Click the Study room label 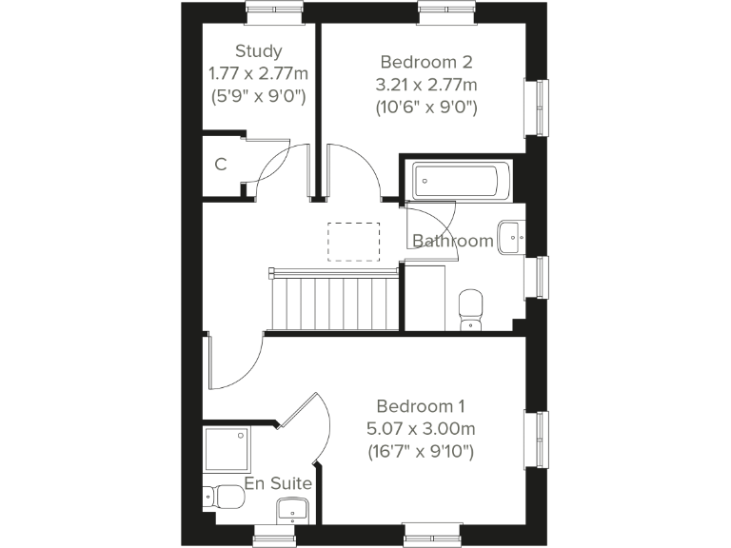tap(259, 51)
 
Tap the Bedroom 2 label tap(425, 62)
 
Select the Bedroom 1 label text tap(421, 405)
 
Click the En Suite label tap(278, 484)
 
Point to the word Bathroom tap(453, 241)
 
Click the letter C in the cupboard tap(221, 165)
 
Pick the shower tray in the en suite tap(227, 448)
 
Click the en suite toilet tap(223, 496)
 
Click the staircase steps tap(333, 300)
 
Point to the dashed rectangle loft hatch tap(353, 240)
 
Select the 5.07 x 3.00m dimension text tap(421, 428)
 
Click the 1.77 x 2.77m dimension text tap(259, 73)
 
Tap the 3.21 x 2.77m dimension tap(425, 85)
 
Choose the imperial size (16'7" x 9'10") tap(421, 451)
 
